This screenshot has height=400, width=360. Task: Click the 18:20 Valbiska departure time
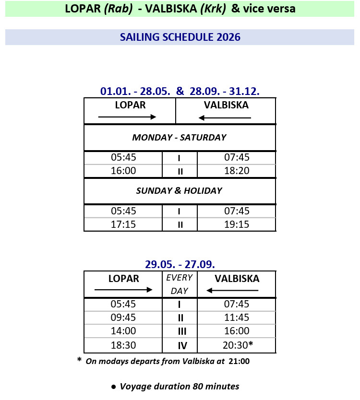237,171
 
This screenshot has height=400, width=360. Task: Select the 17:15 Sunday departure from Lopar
123,224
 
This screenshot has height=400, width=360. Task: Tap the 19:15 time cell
237,224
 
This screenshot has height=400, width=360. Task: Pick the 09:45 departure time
123,318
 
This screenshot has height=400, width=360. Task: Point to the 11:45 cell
237,318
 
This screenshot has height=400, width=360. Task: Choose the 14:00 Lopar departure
123,331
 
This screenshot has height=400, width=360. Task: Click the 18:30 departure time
123,345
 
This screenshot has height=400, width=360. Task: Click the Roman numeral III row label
180,331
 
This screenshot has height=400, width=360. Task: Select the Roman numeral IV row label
180,345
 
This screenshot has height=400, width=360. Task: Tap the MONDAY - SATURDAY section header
179,138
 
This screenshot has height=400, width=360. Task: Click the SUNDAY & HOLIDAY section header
179,191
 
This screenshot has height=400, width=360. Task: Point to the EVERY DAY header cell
179,284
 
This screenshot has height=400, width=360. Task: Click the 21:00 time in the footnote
239,361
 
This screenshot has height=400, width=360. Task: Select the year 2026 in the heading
228,37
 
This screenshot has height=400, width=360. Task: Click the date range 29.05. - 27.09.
180,264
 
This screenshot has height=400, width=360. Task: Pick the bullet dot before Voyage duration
114,387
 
